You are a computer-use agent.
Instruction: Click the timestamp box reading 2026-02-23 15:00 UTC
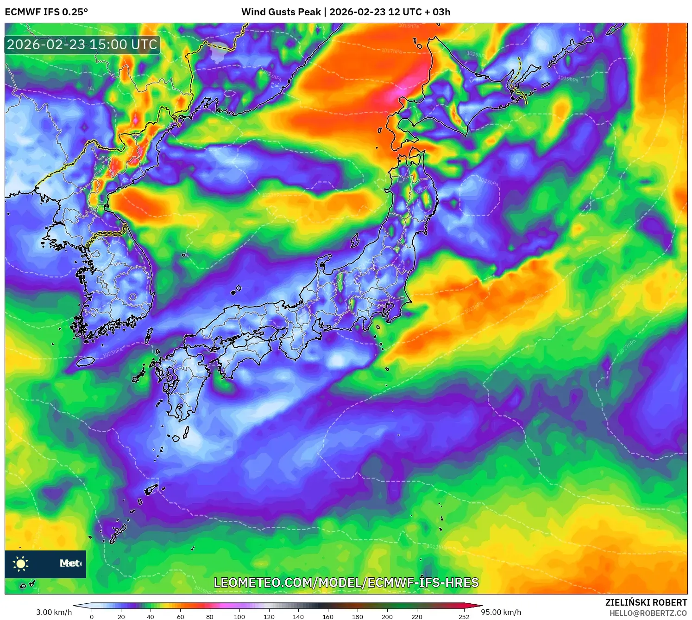pyautogui.click(x=82, y=45)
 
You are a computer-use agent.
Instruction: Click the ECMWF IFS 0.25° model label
pyautogui.click(x=46, y=12)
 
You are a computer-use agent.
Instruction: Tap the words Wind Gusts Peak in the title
pyautogui.click(x=281, y=12)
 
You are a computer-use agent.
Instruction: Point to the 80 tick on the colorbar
pyautogui.click(x=210, y=617)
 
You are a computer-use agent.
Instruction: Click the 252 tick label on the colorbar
pyautogui.click(x=464, y=617)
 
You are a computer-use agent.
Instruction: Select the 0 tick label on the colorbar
pyautogui.click(x=92, y=617)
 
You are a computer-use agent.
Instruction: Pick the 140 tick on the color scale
pyautogui.click(x=298, y=617)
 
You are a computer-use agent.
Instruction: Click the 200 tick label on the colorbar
pyautogui.click(x=387, y=617)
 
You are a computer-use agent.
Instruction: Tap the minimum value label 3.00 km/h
pyautogui.click(x=54, y=612)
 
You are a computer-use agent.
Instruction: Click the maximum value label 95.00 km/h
pyautogui.click(x=501, y=612)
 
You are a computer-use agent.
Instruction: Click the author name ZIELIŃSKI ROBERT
pyautogui.click(x=646, y=602)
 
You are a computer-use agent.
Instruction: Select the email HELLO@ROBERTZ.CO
pyautogui.click(x=648, y=613)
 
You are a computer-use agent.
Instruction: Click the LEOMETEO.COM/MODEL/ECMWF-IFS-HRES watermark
pyautogui.click(x=346, y=582)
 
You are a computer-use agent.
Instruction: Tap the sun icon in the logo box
pyautogui.click(x=21, y=563)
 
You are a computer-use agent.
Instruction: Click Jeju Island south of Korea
pyautogui.click(x=86, y=361)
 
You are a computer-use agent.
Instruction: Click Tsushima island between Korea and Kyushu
pyautogui.click(x=149, y=336)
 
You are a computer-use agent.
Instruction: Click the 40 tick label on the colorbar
pyautogui.click(x=151, y=617)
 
